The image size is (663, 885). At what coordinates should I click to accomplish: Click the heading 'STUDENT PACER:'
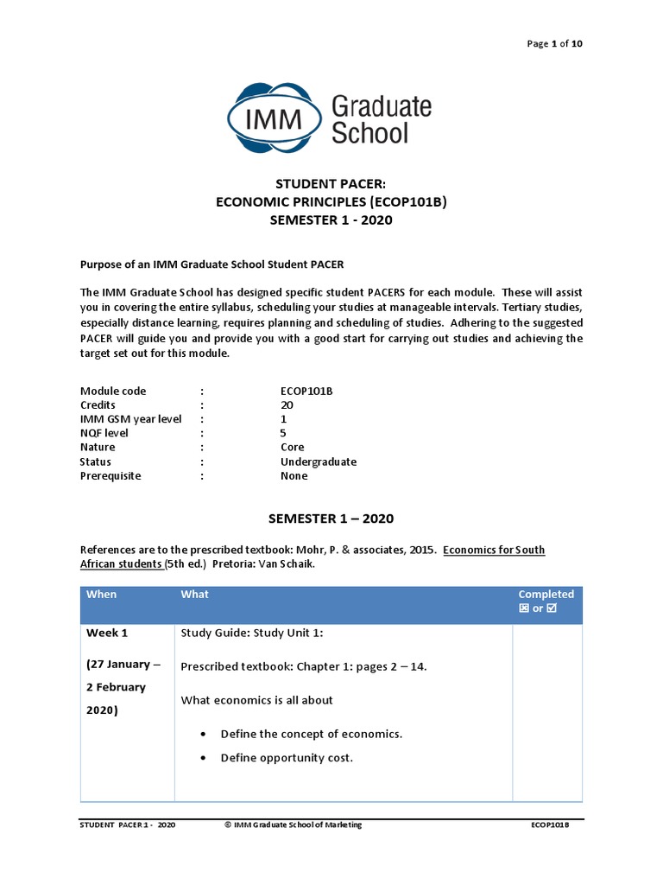(331, 184)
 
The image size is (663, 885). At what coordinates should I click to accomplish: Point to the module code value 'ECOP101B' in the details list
(306, 391)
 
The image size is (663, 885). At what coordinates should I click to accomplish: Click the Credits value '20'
(287, 404)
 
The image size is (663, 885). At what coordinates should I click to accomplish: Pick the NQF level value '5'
(283, 433)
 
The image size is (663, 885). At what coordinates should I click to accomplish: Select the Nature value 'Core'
(292, 447)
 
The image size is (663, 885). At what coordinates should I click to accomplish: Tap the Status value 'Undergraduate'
(318, 462)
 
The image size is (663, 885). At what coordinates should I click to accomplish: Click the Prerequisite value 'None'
(294, 475)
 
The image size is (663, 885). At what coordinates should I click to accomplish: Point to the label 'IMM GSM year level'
(131, 419)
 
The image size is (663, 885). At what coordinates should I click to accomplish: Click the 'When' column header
(101, 595)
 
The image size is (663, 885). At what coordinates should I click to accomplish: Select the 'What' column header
(194, 595)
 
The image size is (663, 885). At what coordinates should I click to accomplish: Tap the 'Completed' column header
(546, 595)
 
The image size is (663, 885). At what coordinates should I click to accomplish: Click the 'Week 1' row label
(107, 633)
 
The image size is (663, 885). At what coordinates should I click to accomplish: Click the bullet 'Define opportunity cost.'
(287, 758)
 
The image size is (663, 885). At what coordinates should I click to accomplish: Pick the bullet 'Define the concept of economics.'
(311, 734)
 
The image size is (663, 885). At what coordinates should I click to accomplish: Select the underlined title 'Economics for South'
(494, 551)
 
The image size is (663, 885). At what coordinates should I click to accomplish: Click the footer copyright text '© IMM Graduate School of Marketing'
(293, 825)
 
